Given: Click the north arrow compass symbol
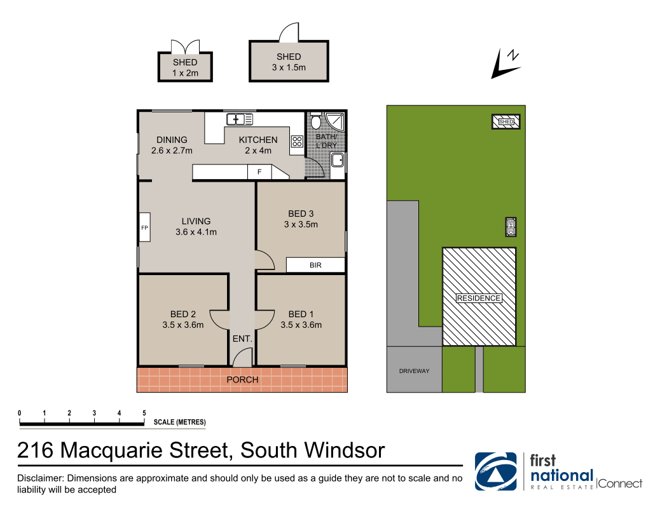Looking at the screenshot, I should [x=506, y=64].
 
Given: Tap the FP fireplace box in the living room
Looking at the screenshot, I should [x=145, y=227].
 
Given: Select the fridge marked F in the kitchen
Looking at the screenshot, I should [x=259, y=172].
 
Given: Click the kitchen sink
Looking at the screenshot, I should [x=240, y=119].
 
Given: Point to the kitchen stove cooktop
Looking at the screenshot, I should [x=297, y=141].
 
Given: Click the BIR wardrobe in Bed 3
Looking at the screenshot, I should [x=315, y=265].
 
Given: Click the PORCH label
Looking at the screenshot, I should [x=243, y=380].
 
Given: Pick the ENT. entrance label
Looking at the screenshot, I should [x=242, y=339].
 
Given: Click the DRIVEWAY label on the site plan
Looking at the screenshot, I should [x=415, y=371].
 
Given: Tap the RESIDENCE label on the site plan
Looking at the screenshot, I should [x=479, y=298].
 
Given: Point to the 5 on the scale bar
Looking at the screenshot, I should [x=144, y=413].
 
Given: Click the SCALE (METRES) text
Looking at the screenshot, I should [x=180, y=422].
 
